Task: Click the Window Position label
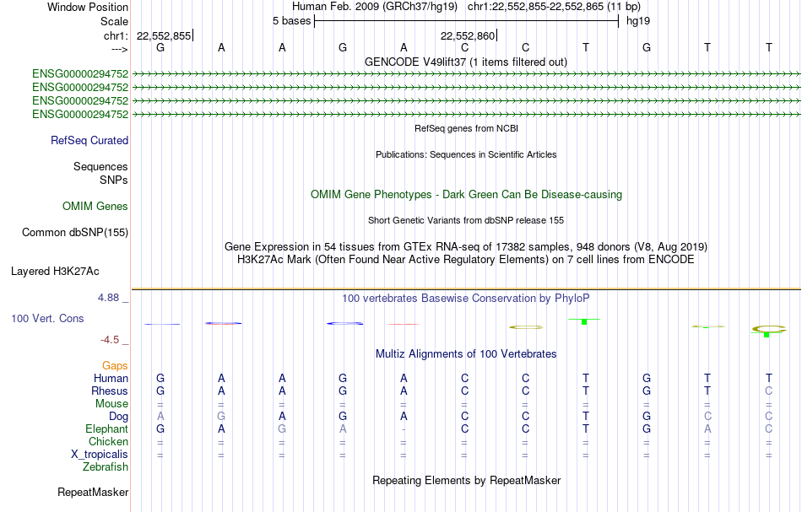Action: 88,7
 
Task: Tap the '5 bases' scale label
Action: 291,21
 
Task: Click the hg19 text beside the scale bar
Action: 638,21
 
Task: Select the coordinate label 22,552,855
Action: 164,35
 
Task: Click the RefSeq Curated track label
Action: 89,141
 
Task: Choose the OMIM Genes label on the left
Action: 95,206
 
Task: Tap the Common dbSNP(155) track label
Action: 75,233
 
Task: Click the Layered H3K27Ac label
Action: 55,272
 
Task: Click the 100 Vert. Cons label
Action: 47,318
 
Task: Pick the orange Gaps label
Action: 115,365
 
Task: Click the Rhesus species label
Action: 110,391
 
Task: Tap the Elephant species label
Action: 107,429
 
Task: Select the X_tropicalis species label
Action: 100,455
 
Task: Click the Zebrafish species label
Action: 106,467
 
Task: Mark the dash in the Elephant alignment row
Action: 404,429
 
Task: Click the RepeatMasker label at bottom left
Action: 93,492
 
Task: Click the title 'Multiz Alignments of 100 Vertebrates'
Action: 466,353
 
